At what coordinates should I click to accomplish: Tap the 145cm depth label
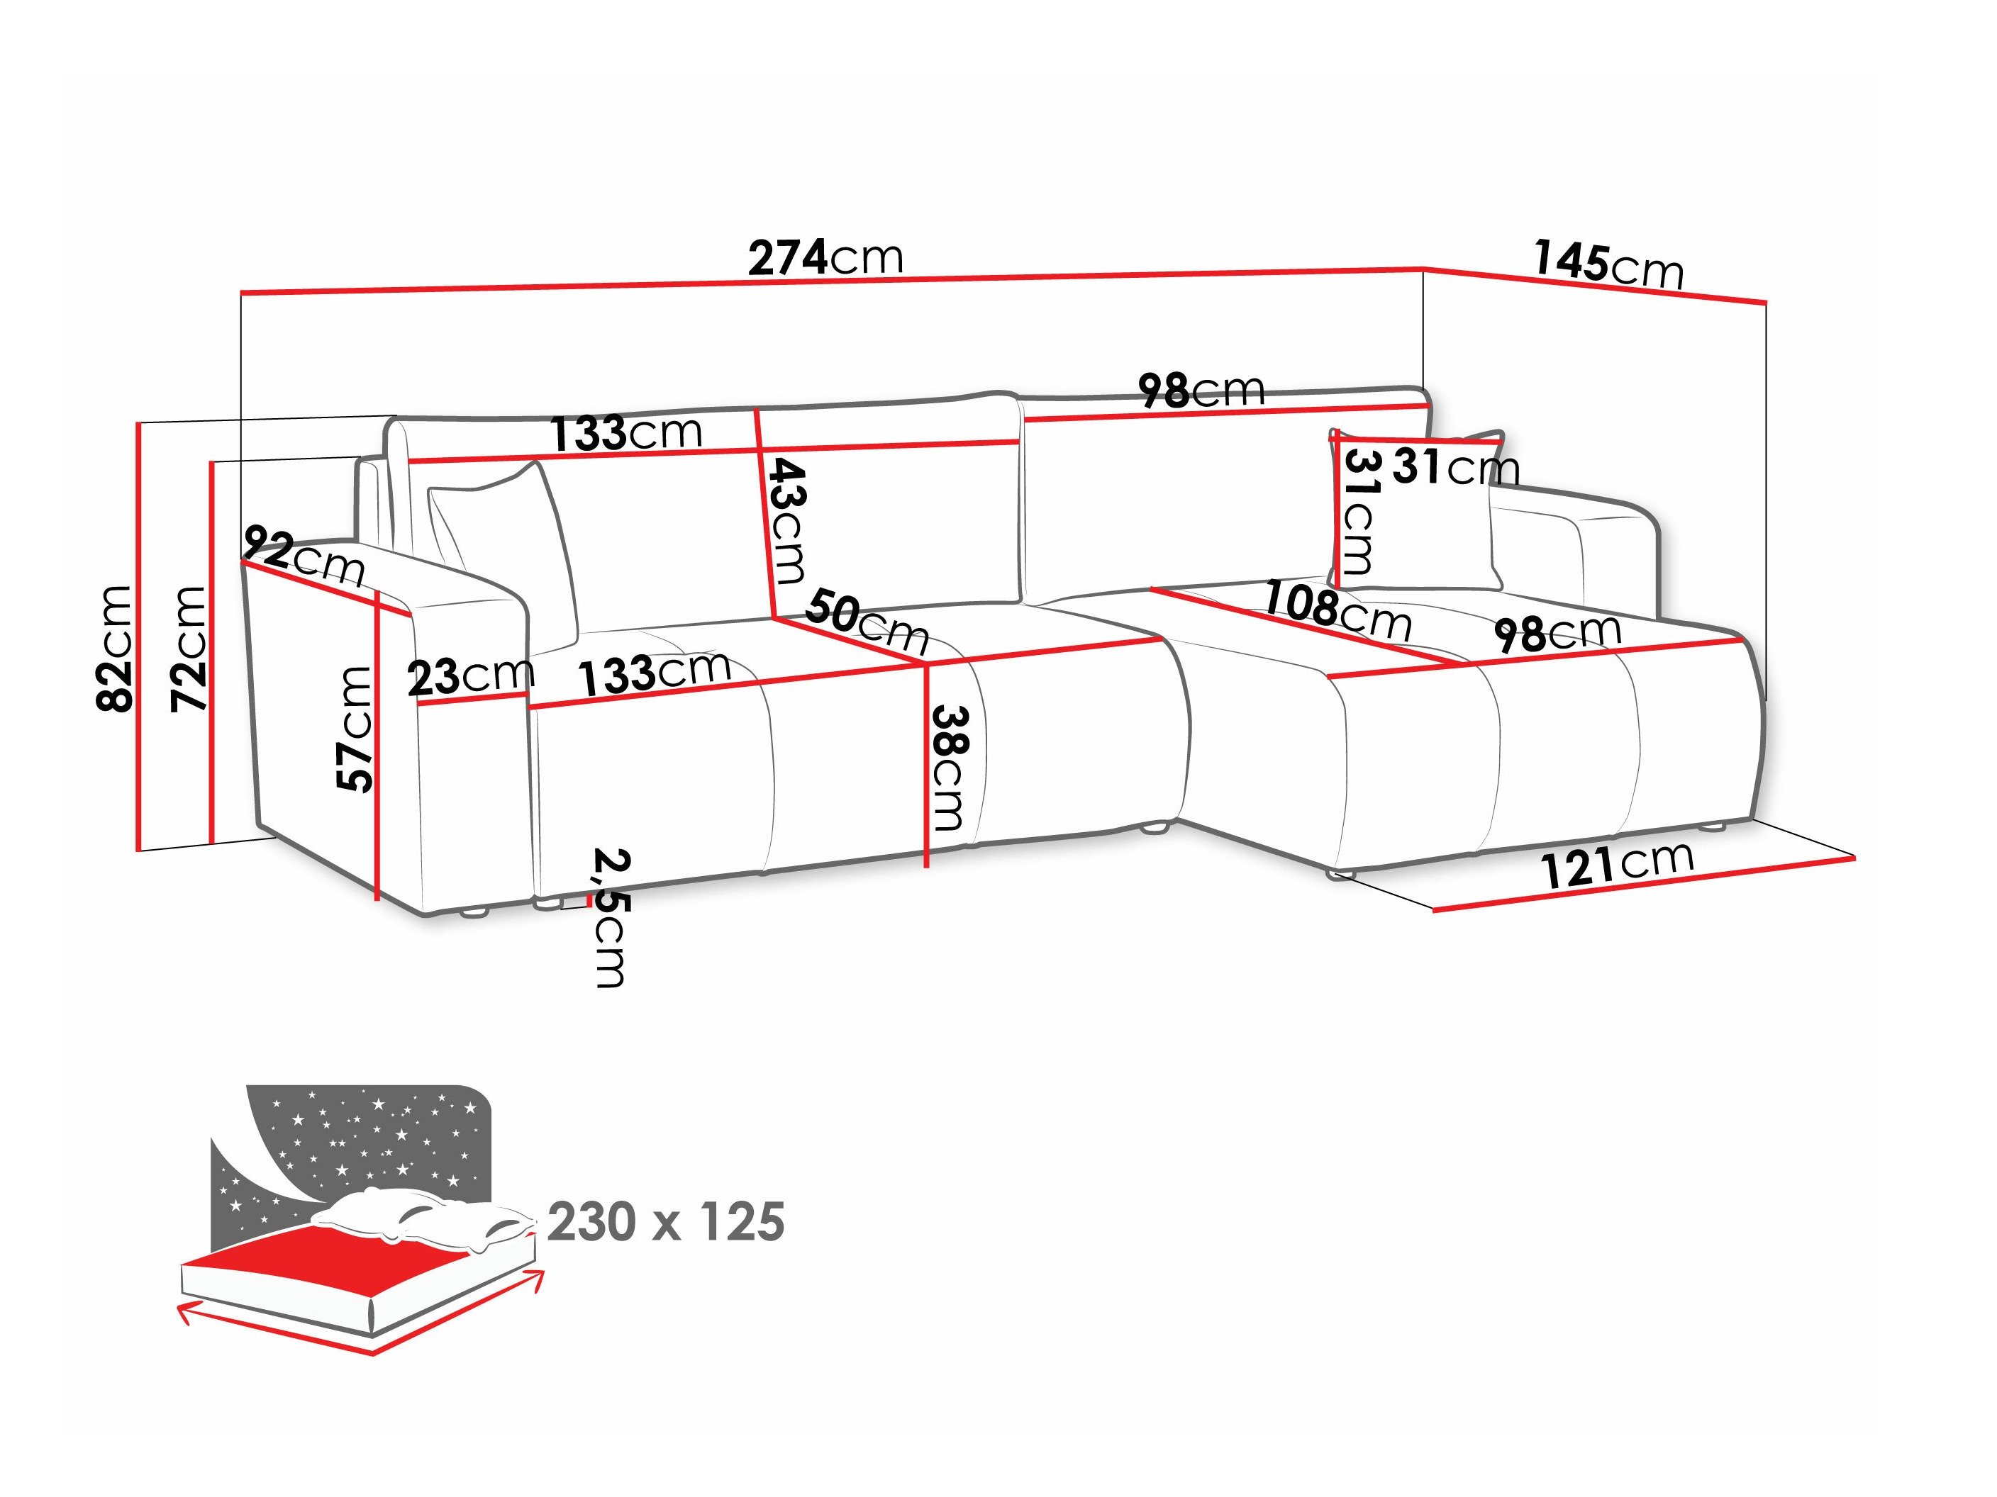1607,267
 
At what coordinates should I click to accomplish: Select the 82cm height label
116,648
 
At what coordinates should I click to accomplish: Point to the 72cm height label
189,648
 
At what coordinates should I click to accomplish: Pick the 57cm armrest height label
355,729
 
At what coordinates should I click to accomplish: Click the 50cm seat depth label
867,621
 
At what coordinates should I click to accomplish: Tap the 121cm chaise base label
1616,865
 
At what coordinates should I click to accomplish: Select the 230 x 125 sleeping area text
665,1222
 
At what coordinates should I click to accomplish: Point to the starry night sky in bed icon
361,1137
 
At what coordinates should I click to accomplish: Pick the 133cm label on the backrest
625,433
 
